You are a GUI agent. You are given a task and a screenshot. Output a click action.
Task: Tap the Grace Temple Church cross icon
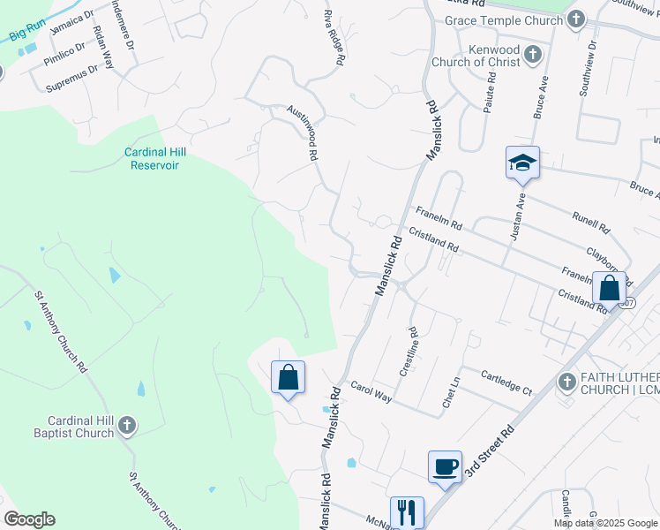click(x=576, y=19)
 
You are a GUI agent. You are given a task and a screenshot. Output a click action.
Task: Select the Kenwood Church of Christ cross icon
click(x=531, y=55)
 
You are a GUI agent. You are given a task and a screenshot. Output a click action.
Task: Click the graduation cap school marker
click(x=522, y=163)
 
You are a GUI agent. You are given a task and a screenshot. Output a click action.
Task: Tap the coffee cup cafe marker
click(x=445, y=466)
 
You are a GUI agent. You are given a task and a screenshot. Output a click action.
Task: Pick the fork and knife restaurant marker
click(x=407, y=511)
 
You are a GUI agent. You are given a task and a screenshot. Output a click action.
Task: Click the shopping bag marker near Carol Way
click(x=288, y=377)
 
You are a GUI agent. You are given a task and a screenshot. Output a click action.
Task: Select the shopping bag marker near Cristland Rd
click(x=609, y=287)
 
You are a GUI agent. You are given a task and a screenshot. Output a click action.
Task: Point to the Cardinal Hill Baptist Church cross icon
click(x=126, y=426)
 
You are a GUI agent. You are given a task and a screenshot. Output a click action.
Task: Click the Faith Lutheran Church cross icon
click(x=567, y=382)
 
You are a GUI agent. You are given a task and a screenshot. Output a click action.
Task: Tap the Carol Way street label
click(x=371, y=392)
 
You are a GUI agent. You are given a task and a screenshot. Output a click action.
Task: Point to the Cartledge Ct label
click(x=506, y=382)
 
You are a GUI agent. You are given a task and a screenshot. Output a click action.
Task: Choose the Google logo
click(x=29, y=519)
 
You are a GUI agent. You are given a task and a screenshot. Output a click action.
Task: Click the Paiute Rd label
click(x=491, y=87)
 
